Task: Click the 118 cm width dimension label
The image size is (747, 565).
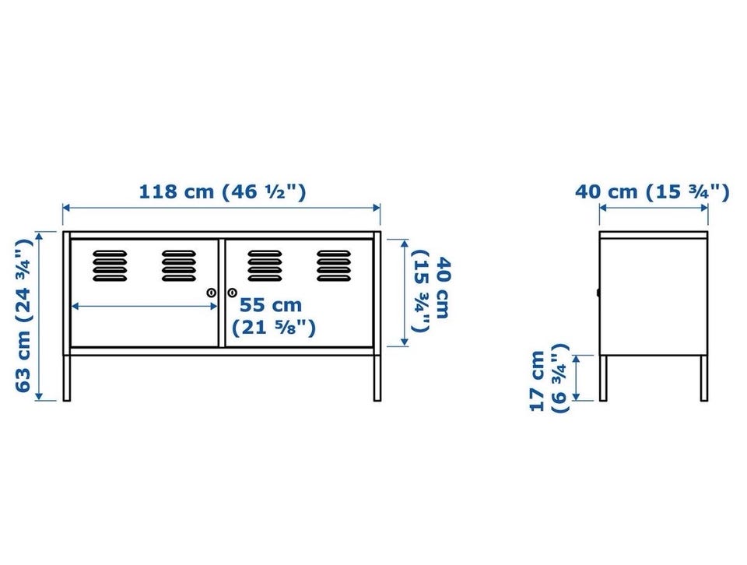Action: (222, 191)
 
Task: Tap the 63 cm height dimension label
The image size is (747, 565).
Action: (23, 315)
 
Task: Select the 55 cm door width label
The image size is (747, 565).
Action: (273, 316)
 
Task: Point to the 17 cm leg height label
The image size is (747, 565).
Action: (549, 378)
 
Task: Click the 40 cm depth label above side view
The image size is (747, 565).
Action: (652, 191)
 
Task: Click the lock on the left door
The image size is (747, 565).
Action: (211, 293)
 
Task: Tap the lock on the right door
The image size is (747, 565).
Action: (232, 293)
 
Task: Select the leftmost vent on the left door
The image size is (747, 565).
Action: (110, 265)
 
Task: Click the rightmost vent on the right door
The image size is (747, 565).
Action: (334, 265)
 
